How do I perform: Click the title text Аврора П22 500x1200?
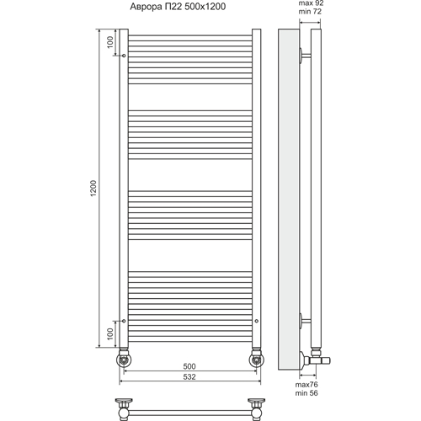178,7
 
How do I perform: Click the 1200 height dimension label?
93,188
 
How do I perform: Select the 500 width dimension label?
189,366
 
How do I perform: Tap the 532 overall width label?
189,376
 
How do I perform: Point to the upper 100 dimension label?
110,42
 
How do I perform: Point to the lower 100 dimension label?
110,334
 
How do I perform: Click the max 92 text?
311,3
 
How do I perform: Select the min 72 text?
310,12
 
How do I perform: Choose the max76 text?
306,385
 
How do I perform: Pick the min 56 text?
306,393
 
